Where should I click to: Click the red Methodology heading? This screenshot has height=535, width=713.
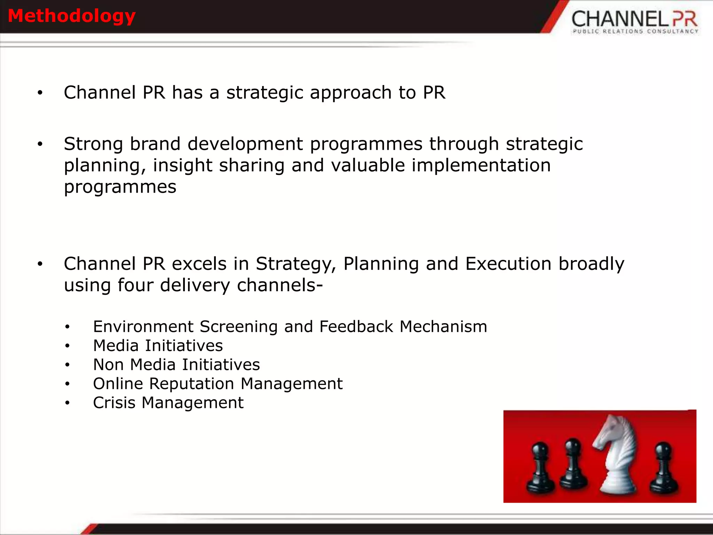pos(71,16)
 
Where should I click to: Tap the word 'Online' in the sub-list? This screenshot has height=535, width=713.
pos(118,384)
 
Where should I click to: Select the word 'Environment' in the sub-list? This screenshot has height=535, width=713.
pos(143,327)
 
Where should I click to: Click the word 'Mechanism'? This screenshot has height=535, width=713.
pos(443,327)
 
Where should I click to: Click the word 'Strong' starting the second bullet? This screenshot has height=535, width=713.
pos(93,144)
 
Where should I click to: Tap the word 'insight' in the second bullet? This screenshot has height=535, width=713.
pos(182,165)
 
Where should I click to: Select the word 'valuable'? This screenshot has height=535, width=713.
pos(368,165)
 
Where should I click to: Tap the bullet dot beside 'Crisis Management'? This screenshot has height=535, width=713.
pos(67,403)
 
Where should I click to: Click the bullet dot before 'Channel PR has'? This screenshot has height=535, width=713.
pos(40,93)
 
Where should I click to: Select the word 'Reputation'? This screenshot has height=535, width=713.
pos(191,384)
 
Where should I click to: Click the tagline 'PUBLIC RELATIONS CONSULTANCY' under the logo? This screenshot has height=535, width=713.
pos(635,31)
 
